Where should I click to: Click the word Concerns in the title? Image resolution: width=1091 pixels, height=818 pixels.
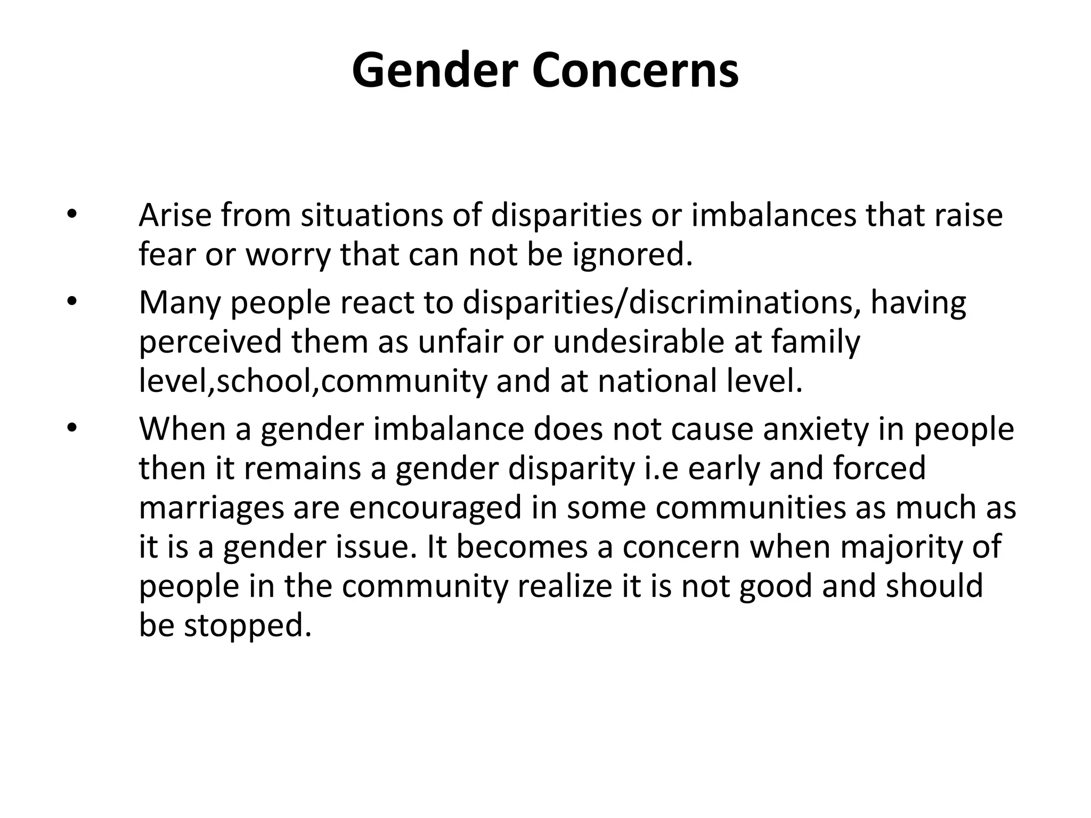[x=635, y=71]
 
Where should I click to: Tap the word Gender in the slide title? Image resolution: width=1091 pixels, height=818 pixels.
[x=435, y=71]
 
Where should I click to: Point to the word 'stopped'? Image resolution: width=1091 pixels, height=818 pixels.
[x=247, y=625]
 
